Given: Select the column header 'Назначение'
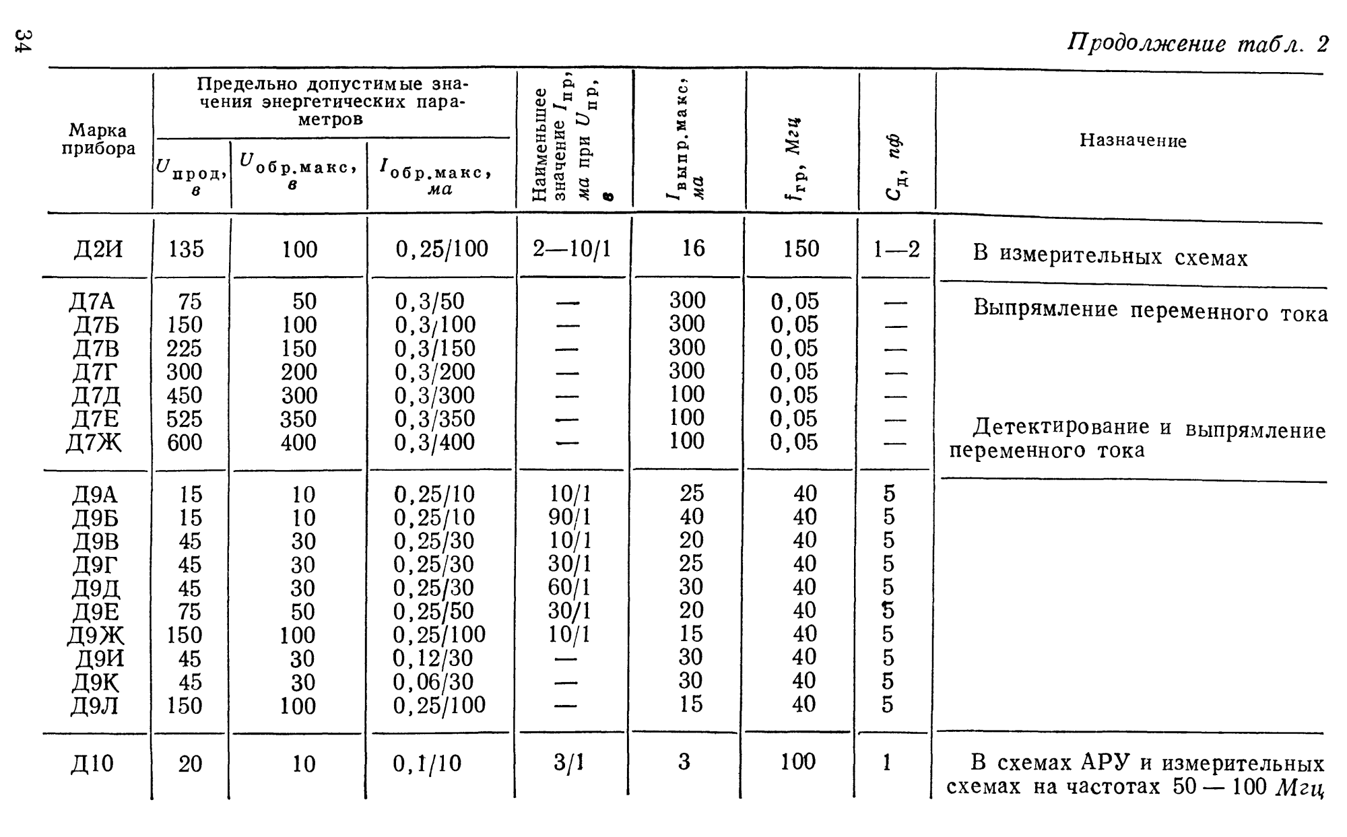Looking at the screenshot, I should tap(1133, 141).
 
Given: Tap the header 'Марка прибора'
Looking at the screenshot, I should tap(98, 139).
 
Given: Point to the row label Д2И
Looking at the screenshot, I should tap(98, 250).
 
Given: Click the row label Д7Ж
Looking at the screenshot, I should tap(94, 442).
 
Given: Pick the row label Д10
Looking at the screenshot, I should tap(93, 764).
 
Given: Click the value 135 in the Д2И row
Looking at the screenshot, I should tap(186, 250).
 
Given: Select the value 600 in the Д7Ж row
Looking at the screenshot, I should tap(185, 442).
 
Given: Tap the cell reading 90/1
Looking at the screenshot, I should tap(570, 517).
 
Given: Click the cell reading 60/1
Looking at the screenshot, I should tap(570, 587).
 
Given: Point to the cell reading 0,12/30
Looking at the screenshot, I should tap(433, 658).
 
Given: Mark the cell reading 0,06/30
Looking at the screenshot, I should tap(433, 681).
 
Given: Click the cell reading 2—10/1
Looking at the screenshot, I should tap(572, 250).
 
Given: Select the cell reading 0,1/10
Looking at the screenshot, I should tap(427, 764).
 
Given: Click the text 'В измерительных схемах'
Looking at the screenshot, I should tap(1110, 257).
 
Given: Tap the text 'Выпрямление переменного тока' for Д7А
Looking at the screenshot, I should tap(1150, 310).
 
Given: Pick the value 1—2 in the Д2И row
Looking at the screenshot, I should tap(896, 250).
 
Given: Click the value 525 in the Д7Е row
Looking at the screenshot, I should tap(185, 419).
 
